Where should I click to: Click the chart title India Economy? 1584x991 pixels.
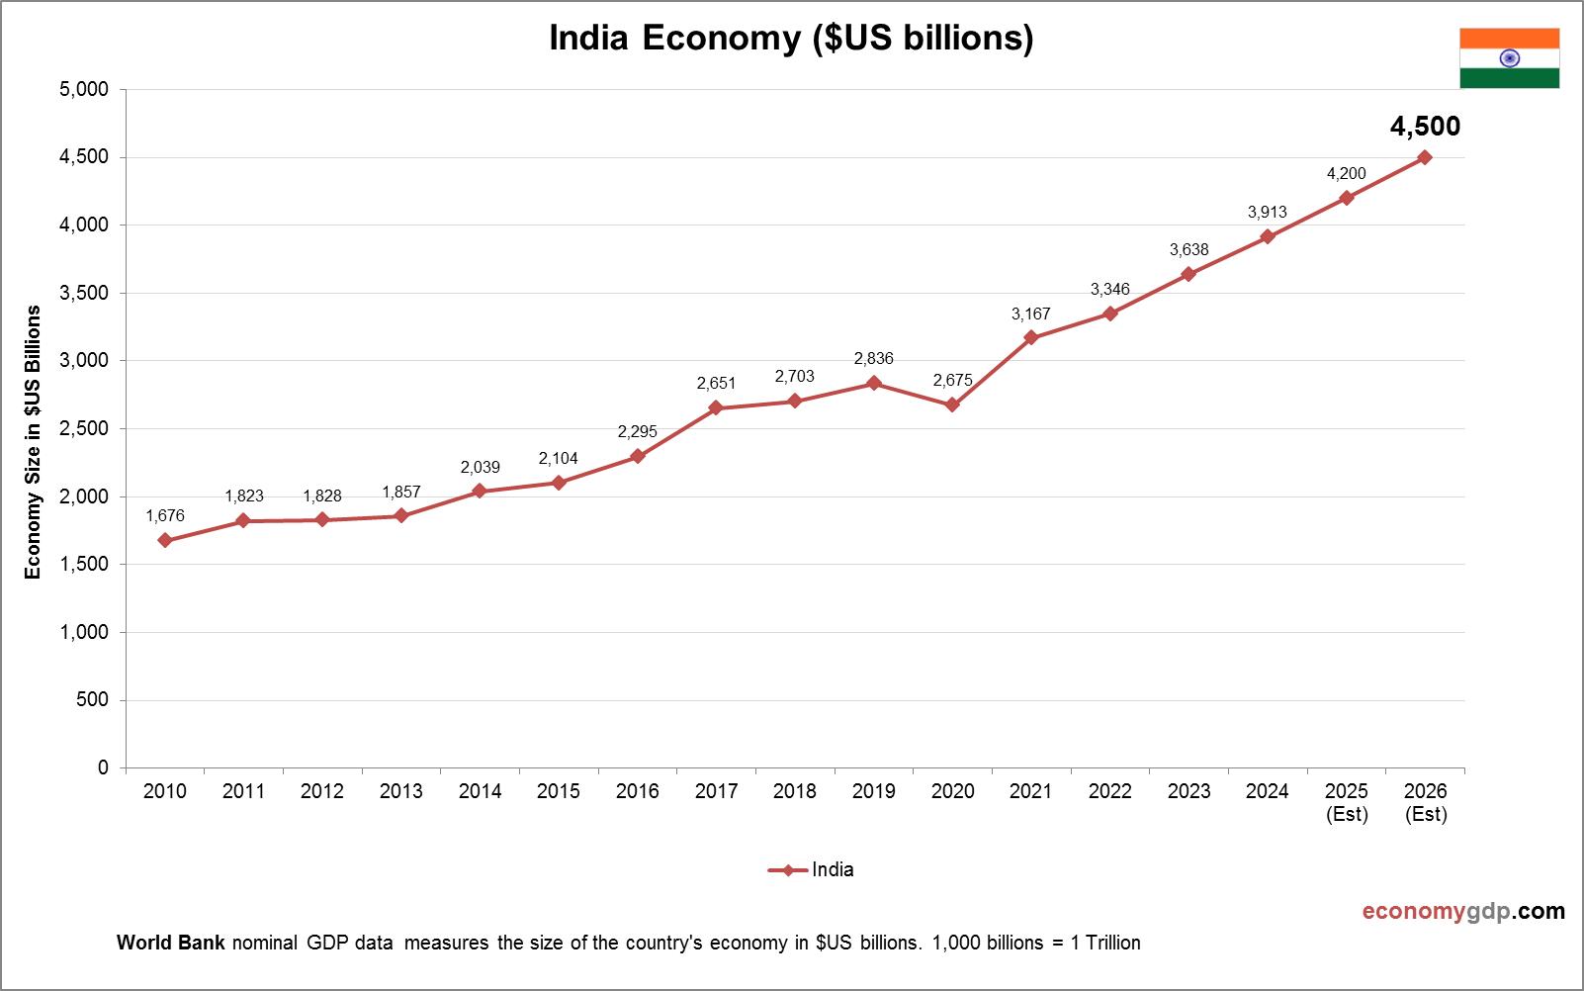coord(791,38)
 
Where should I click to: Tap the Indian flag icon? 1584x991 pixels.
coord(1509,58)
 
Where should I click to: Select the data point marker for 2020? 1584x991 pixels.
coord(952,405)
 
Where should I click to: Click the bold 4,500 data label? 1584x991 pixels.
coord(1425,127)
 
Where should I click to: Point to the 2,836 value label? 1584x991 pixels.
coord(873,358)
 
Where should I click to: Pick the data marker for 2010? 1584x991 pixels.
coord(165,540)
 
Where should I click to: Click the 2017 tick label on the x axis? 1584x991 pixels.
coord(716,791)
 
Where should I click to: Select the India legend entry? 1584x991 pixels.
coord(811,870)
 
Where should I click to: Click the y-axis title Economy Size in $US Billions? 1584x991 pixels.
coord(34,441)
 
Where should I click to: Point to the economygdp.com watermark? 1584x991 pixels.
coord(1463,911)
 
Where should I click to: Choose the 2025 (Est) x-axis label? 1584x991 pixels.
coord(1347,802)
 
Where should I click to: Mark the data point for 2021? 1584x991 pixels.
coord(1031,337)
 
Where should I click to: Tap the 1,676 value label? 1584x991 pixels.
coord(165,515)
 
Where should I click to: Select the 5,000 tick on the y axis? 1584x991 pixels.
coord(84,89)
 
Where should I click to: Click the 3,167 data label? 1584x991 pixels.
coord(1030,314)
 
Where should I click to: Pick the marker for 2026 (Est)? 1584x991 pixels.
coord(1425,157)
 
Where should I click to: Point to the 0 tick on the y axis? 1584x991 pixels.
coord(103,767)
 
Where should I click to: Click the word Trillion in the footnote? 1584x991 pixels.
coord(1113,943)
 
